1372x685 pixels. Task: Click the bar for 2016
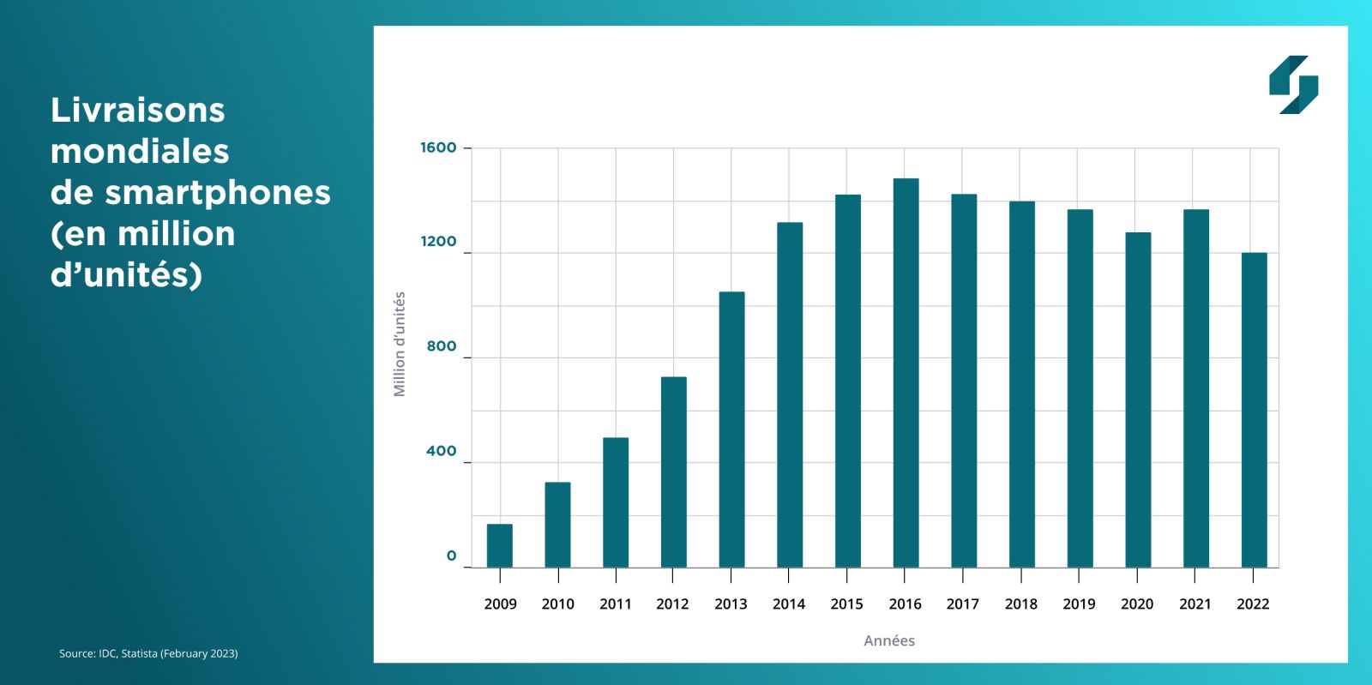(906, 373)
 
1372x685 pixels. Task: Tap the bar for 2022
(1254, 410)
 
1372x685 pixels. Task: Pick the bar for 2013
(731, 430)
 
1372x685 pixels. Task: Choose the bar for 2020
(1138, 400)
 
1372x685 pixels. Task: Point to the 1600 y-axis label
(438, 147)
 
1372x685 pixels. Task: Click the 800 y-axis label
(442, 346)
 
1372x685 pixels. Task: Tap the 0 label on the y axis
(451, 556)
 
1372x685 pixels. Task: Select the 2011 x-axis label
(616, 604)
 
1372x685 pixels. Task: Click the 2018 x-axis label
(1021, 604)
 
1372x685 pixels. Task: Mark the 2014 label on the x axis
(789, 604)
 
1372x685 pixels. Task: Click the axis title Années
(889, 640)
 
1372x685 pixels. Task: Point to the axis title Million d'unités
(400, 344)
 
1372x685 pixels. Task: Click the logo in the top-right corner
(1293, 85)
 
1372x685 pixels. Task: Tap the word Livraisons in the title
(138, 110)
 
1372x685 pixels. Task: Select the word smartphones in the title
(218, 192)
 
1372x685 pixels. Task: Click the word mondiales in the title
(140, 151)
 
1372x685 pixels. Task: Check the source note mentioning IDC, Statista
(148, 653)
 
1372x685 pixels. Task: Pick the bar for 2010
(557, 525)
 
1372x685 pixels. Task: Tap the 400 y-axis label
(442, 451)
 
